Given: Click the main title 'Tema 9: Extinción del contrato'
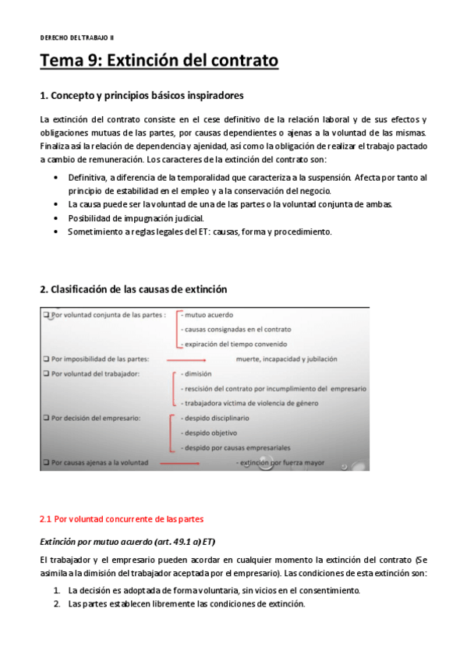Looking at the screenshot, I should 159,60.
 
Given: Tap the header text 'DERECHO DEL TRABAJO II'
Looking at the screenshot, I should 77,37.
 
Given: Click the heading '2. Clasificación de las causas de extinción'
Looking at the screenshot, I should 133,289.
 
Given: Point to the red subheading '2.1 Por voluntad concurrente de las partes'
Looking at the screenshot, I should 121,518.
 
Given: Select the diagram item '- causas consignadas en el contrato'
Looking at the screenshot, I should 233,330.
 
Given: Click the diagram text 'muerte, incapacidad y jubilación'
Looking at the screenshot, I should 286,359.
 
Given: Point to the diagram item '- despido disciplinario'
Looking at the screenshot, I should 214,419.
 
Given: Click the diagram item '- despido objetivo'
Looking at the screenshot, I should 208,433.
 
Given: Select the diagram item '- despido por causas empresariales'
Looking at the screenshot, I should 235,447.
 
